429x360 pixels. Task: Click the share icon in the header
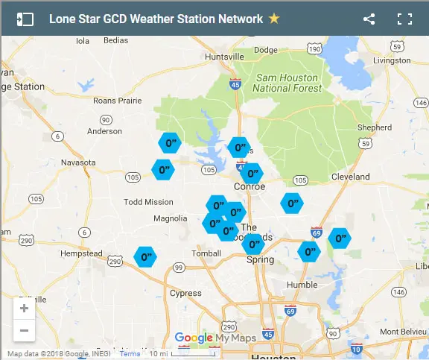369,19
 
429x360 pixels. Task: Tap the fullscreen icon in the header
404,19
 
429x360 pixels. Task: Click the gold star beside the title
274,18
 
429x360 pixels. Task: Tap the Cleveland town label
350,177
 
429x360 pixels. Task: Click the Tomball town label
205,253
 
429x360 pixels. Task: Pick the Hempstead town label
81,253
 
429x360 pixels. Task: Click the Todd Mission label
148,202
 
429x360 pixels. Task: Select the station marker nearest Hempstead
144,257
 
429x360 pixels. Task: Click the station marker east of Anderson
171,142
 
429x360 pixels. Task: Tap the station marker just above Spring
253,244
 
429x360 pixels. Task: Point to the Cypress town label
185,294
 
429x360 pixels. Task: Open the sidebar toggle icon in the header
25,19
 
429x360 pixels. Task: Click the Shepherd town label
374,127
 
